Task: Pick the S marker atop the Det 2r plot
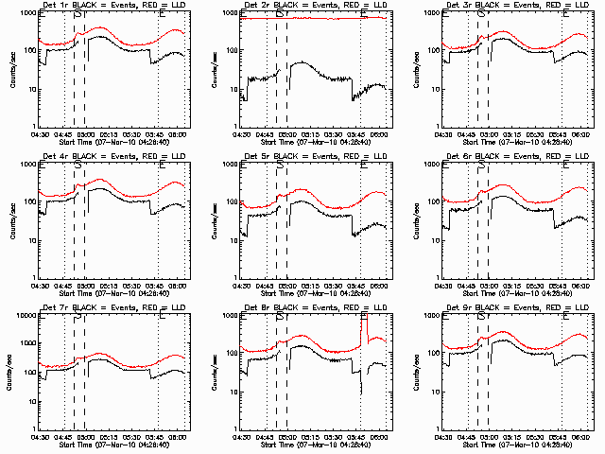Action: (281, 13)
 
